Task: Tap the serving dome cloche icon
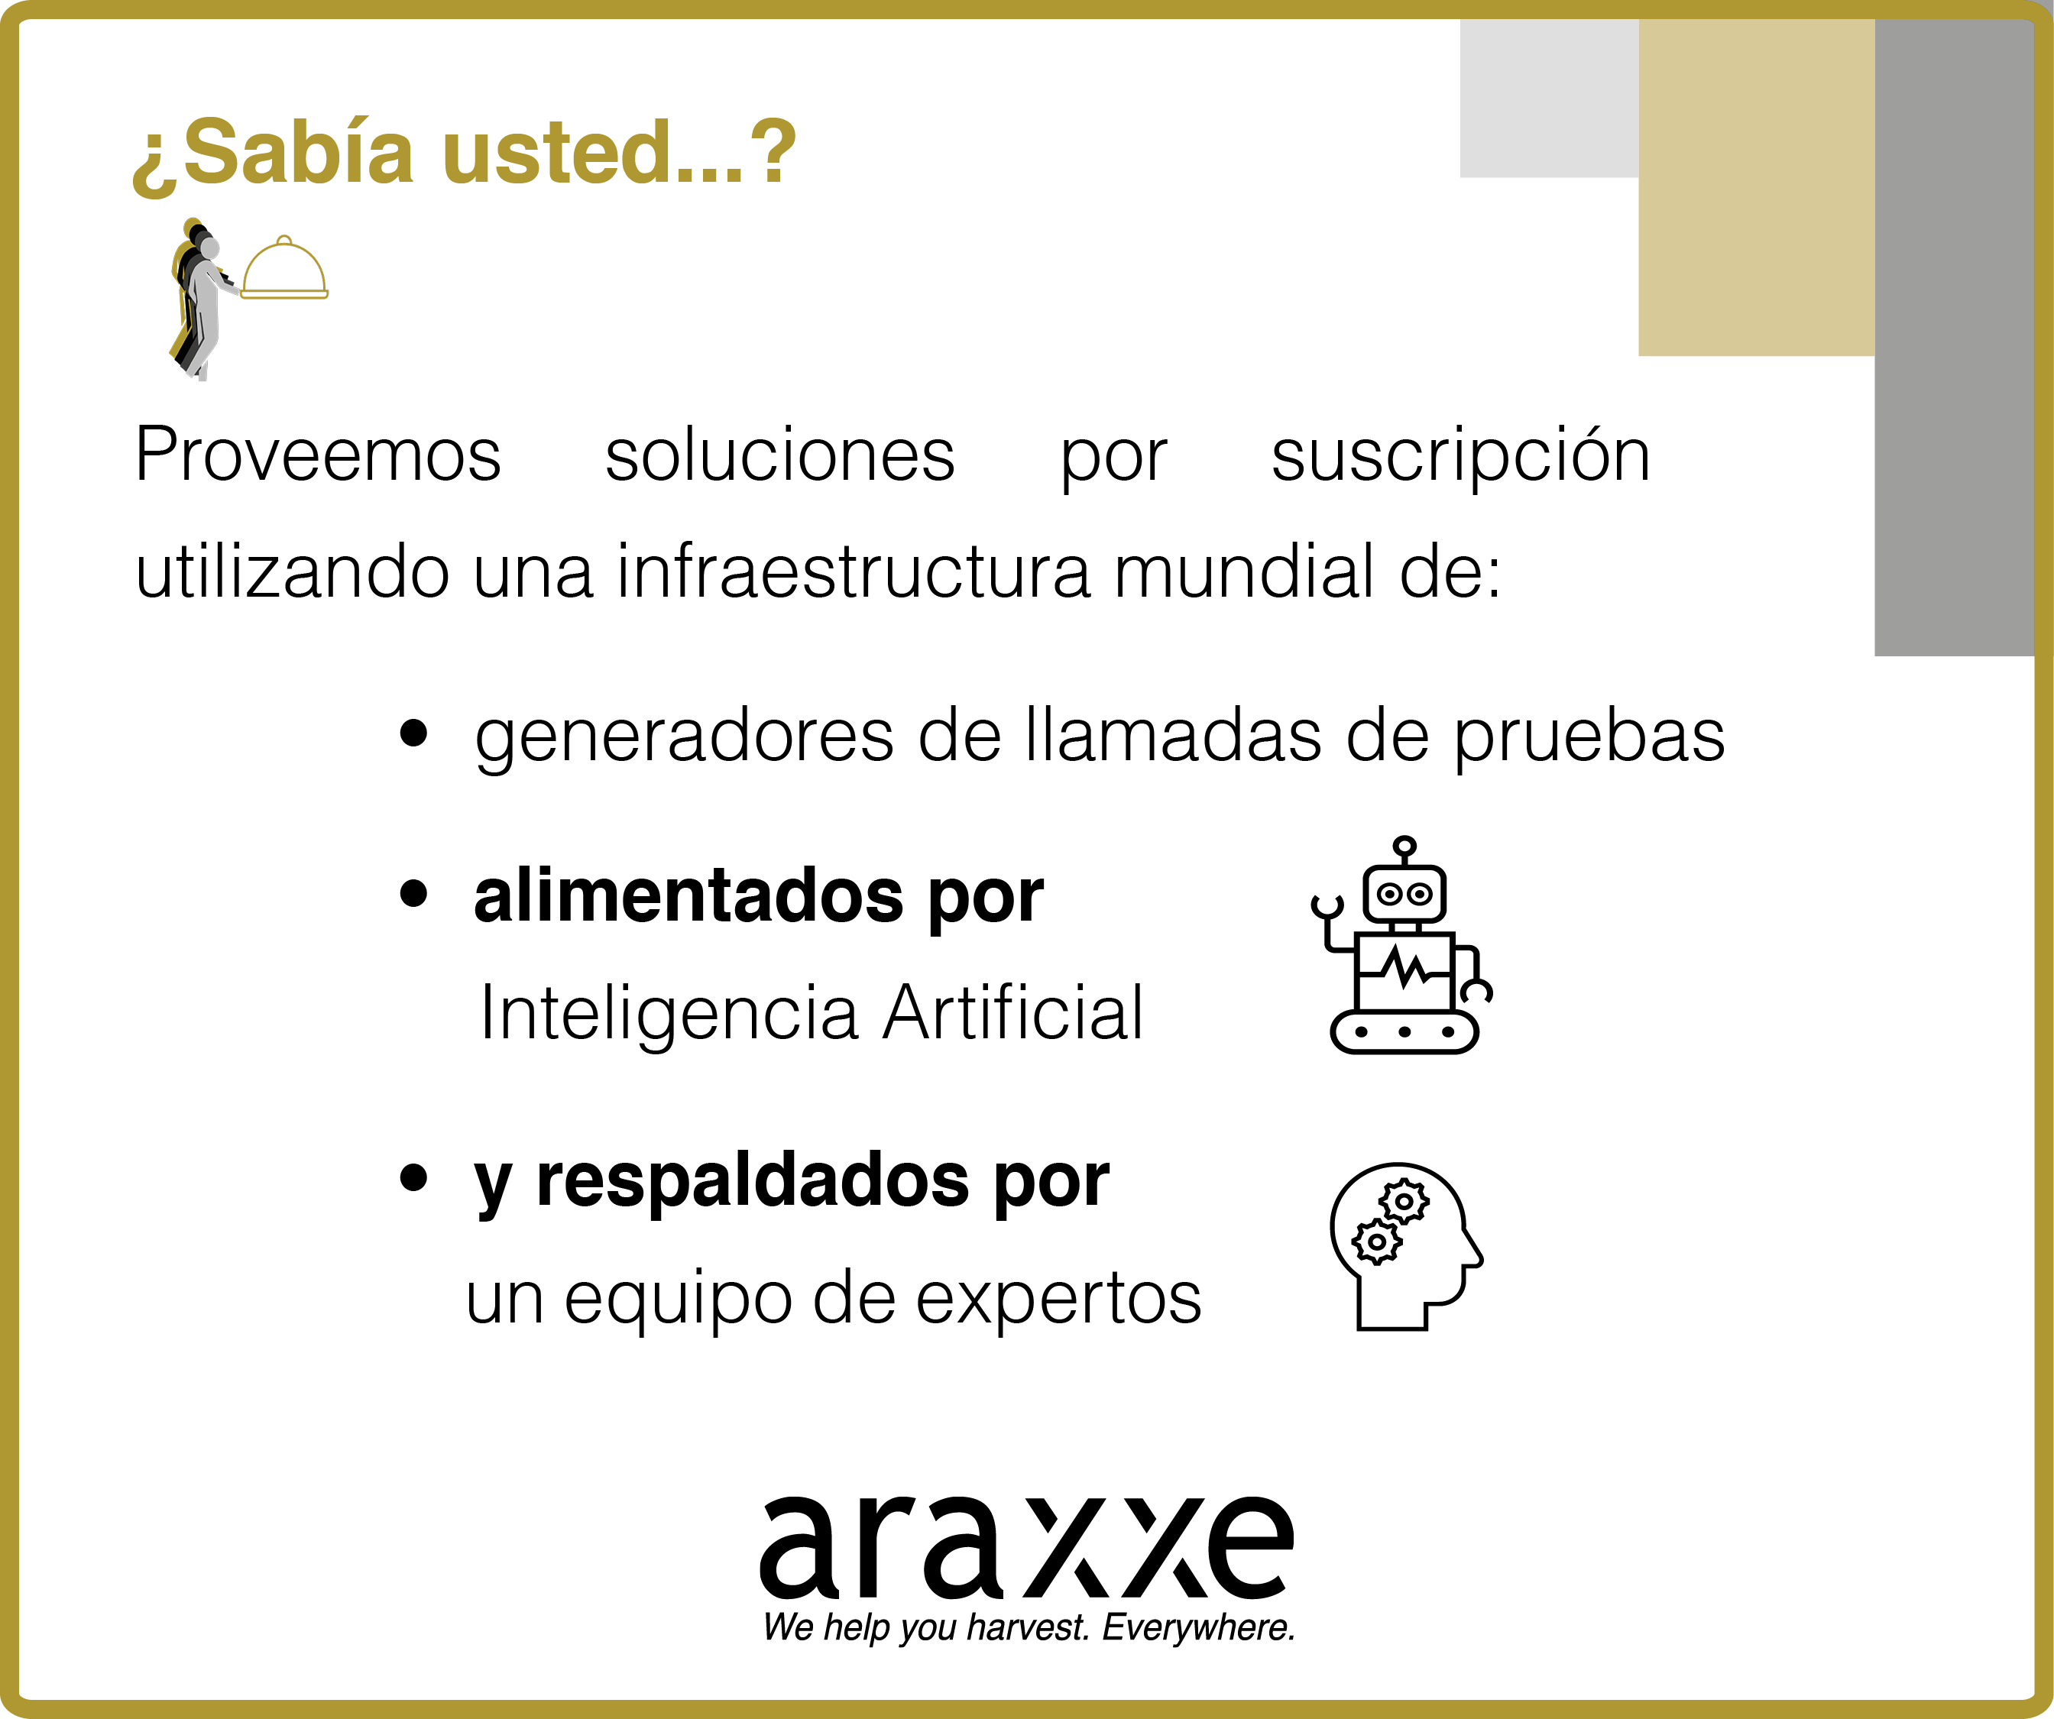coord(284,269)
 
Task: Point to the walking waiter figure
coord(200,298)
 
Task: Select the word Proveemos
coord(318,455)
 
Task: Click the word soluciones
coord(779,455)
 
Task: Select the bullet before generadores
coord(413,733)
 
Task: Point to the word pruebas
coord(1589,740)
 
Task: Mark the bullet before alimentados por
coord(413,893)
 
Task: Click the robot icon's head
coord(1404,892)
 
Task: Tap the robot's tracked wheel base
coord(1404,1031)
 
